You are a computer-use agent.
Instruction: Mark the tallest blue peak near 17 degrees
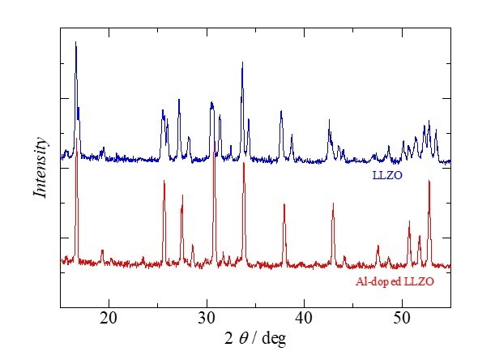pos(76,43)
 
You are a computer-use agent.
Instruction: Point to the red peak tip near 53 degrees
pos(429,182)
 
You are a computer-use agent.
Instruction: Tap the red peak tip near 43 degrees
pos(333,203)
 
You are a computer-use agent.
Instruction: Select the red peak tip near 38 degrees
pos(284,204)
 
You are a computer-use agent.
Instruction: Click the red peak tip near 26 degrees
pos(164,182)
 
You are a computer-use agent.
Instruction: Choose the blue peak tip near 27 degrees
pos(179,99)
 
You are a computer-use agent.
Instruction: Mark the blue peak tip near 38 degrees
pos(281,111)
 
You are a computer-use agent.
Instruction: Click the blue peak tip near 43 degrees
pos(329,120)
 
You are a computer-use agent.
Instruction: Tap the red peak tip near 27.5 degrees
pos(182,195)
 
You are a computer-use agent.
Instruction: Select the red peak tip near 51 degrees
pos(409,221)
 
